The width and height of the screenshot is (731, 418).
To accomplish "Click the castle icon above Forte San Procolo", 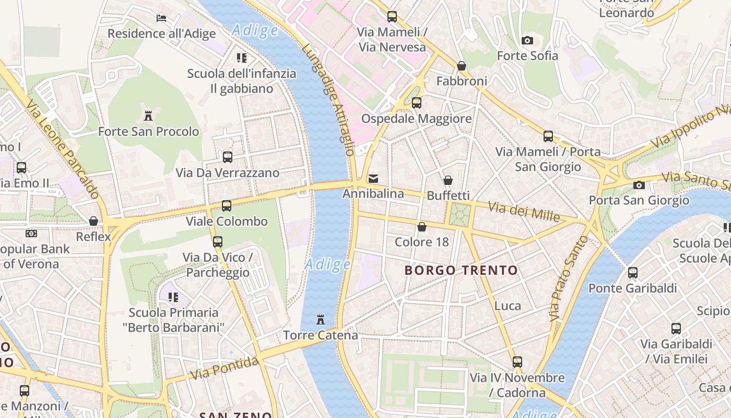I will [148, 115].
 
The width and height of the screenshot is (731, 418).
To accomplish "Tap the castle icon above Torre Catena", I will [321, 319].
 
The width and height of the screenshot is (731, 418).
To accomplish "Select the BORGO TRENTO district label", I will [461, 270].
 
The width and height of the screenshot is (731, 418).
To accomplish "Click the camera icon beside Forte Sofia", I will [527, 40].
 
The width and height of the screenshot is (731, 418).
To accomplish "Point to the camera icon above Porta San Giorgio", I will [639, 185].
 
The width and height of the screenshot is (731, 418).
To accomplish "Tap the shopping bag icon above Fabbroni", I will [462, 66].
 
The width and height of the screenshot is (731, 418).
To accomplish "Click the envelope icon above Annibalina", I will [373, 179].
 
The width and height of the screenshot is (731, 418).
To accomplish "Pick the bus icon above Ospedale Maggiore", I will [417, 103].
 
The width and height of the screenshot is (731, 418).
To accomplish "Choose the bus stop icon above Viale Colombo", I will [226, 206].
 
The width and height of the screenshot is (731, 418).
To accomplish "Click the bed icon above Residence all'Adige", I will [161, 18].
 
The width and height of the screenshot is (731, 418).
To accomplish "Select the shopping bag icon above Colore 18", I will [421, 227].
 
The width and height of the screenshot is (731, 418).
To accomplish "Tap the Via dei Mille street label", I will [524, 211].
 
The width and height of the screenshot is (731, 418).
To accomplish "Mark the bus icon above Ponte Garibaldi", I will [632, 272].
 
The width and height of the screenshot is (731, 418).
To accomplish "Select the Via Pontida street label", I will [225, 368].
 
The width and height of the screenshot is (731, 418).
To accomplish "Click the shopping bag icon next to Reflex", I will [93, 221].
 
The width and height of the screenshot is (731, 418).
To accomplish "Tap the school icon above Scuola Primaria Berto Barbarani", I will [173, 297].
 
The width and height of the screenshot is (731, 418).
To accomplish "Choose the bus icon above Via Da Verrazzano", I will [227, 157].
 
